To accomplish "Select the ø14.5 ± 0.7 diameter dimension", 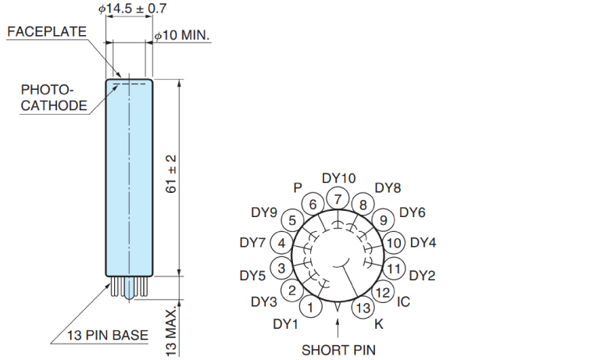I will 133,9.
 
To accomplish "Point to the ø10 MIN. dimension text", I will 183,36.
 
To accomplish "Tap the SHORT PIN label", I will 337,349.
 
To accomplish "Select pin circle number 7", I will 337,199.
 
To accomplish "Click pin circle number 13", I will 362,308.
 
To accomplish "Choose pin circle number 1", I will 311,308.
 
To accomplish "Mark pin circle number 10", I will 394,243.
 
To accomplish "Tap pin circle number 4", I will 281,243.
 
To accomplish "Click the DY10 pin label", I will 338,179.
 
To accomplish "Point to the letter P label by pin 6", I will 297,187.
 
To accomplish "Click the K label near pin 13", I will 379,323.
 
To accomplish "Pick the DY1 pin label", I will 285,323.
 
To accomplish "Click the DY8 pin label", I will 387,188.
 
